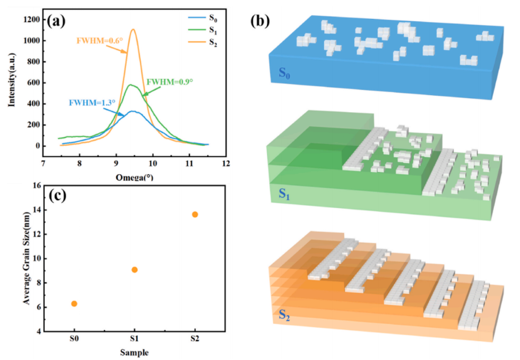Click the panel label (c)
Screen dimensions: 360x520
(x=60, y=197)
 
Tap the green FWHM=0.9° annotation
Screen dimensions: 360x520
(x=169, y=82)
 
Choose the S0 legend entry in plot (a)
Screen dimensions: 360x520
(x=212, y=18)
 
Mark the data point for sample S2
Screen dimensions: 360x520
(x=195, y=214)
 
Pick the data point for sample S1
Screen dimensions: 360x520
(x=134, y=270)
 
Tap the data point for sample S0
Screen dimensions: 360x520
(x=74, y=304)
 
